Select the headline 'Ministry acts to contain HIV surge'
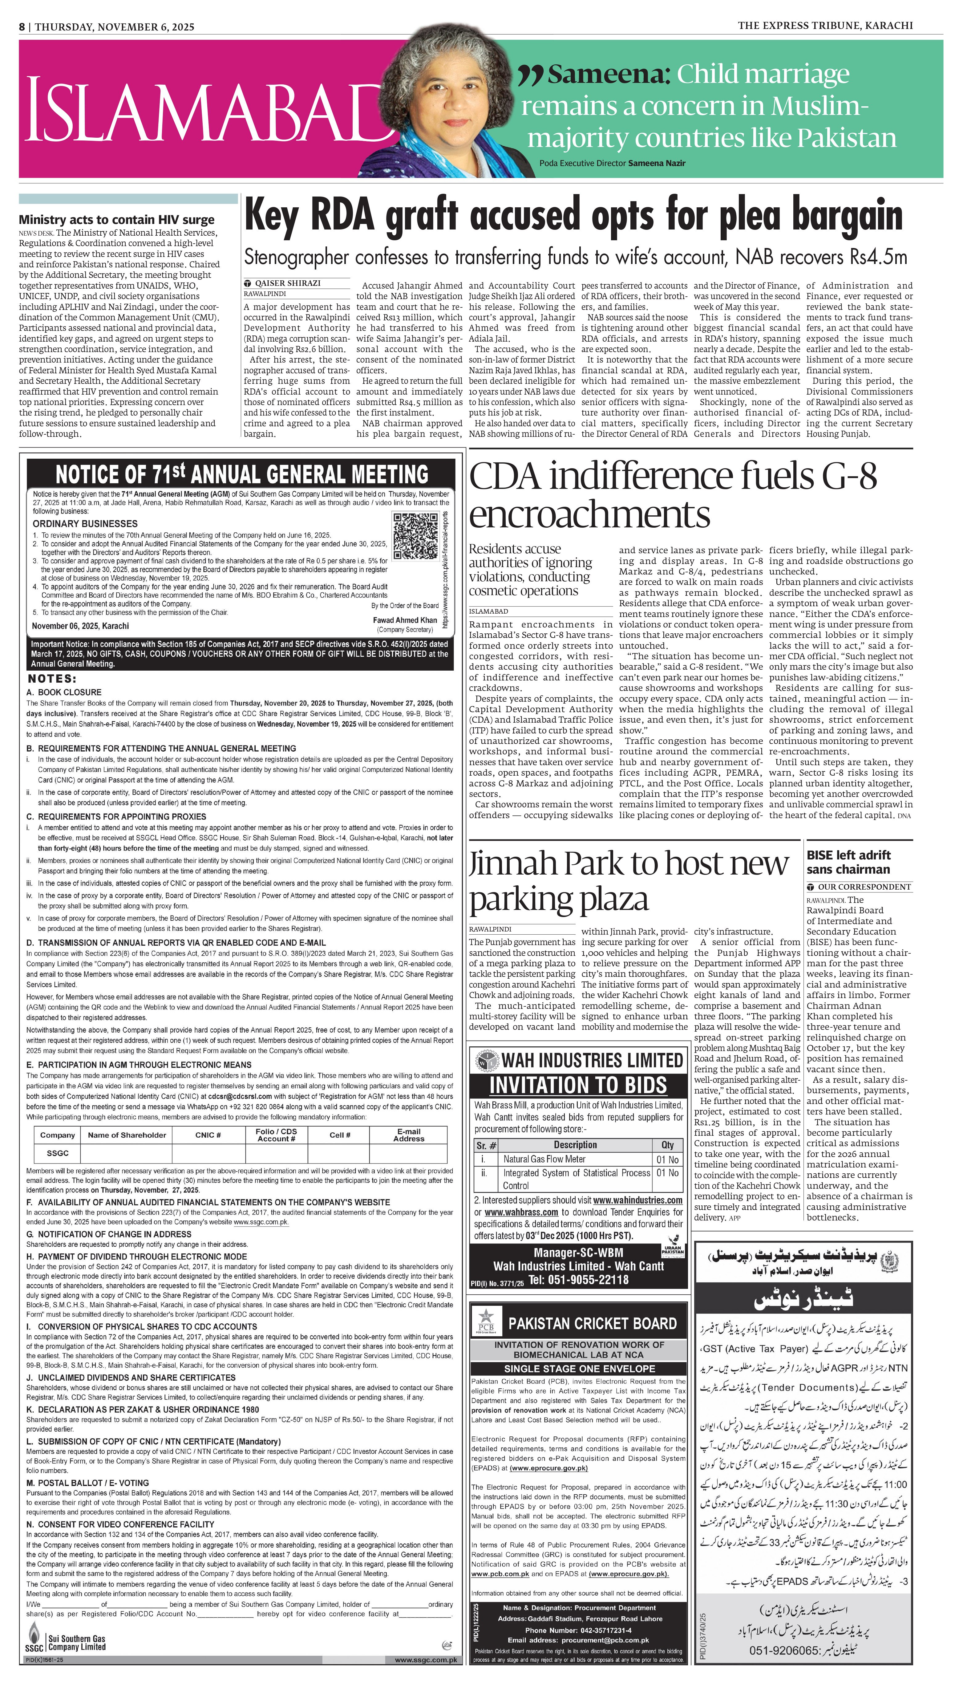tap(116, 220)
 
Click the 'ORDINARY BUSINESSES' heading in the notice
tap(85, 523)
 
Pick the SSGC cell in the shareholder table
tap(58, 1152)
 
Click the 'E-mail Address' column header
tap(409, 1135)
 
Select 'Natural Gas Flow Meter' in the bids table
tap(544, 1159)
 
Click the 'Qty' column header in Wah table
tap(668, 1145)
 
